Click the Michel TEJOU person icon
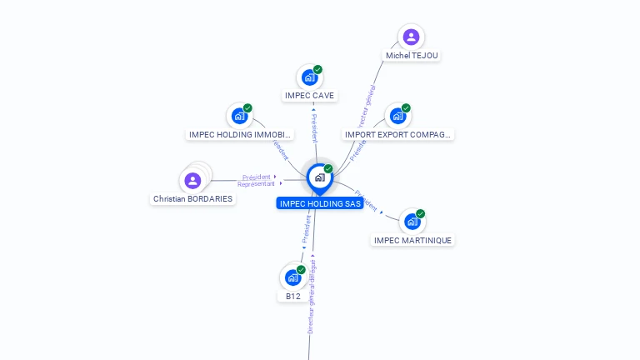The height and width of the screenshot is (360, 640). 411,37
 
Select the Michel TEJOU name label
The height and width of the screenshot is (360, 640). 412,56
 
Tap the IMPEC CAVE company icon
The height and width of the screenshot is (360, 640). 310,77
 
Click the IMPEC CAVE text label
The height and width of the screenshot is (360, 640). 310,96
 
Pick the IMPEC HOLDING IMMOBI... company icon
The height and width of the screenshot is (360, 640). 240,116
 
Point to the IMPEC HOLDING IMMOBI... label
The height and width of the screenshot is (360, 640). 240,134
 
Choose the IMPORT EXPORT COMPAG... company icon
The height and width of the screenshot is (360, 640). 397,116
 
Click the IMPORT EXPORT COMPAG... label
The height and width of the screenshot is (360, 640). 398,134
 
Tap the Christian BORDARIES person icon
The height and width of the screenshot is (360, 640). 192,181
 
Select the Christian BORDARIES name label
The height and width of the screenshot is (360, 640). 193,199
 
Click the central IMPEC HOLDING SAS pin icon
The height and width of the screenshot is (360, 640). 319,177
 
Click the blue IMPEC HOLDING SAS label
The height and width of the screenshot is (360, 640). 321,203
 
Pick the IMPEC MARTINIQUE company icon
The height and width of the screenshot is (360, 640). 412,222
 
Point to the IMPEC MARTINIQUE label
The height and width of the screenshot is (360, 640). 412,241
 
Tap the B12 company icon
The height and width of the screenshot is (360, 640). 292,277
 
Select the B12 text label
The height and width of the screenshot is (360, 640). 293,296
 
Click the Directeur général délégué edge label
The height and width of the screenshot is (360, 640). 312,297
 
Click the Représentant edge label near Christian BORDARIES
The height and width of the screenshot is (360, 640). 256,184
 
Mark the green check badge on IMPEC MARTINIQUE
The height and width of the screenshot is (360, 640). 421,213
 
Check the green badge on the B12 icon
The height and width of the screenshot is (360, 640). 301,269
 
